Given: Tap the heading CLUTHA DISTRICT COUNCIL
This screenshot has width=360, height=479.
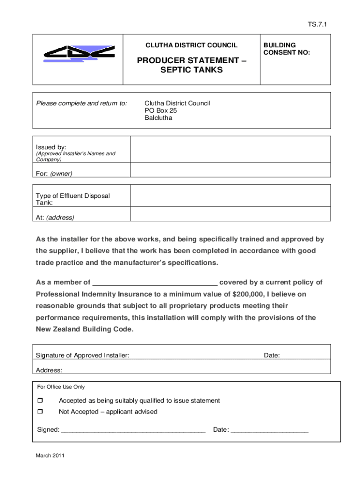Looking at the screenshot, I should click(191, 45).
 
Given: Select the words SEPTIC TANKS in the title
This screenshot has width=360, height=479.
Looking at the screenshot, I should click(191, 70).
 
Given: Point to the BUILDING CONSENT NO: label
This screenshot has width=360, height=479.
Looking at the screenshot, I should click(286, 49).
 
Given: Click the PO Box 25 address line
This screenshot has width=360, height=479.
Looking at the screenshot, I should click(161, 110).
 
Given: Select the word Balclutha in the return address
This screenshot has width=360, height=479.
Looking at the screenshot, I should click(158, 118).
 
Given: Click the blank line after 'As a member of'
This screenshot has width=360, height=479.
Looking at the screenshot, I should click(155, 282).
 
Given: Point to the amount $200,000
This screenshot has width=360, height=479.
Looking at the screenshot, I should click(249, 294).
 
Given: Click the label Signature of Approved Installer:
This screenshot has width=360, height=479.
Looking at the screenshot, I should click(83, 356).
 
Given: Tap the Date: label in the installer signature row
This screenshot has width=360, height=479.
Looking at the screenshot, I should click(272, 356).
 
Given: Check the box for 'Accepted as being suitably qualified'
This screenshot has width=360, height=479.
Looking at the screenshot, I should click(40, 401).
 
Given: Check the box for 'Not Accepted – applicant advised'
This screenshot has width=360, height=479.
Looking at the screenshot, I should click(40, 412).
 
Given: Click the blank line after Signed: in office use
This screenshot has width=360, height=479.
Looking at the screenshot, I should click(133, 429).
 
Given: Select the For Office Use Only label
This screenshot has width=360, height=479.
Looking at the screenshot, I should click(61, 387).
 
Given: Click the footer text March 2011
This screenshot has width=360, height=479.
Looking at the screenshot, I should click(50, 455).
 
